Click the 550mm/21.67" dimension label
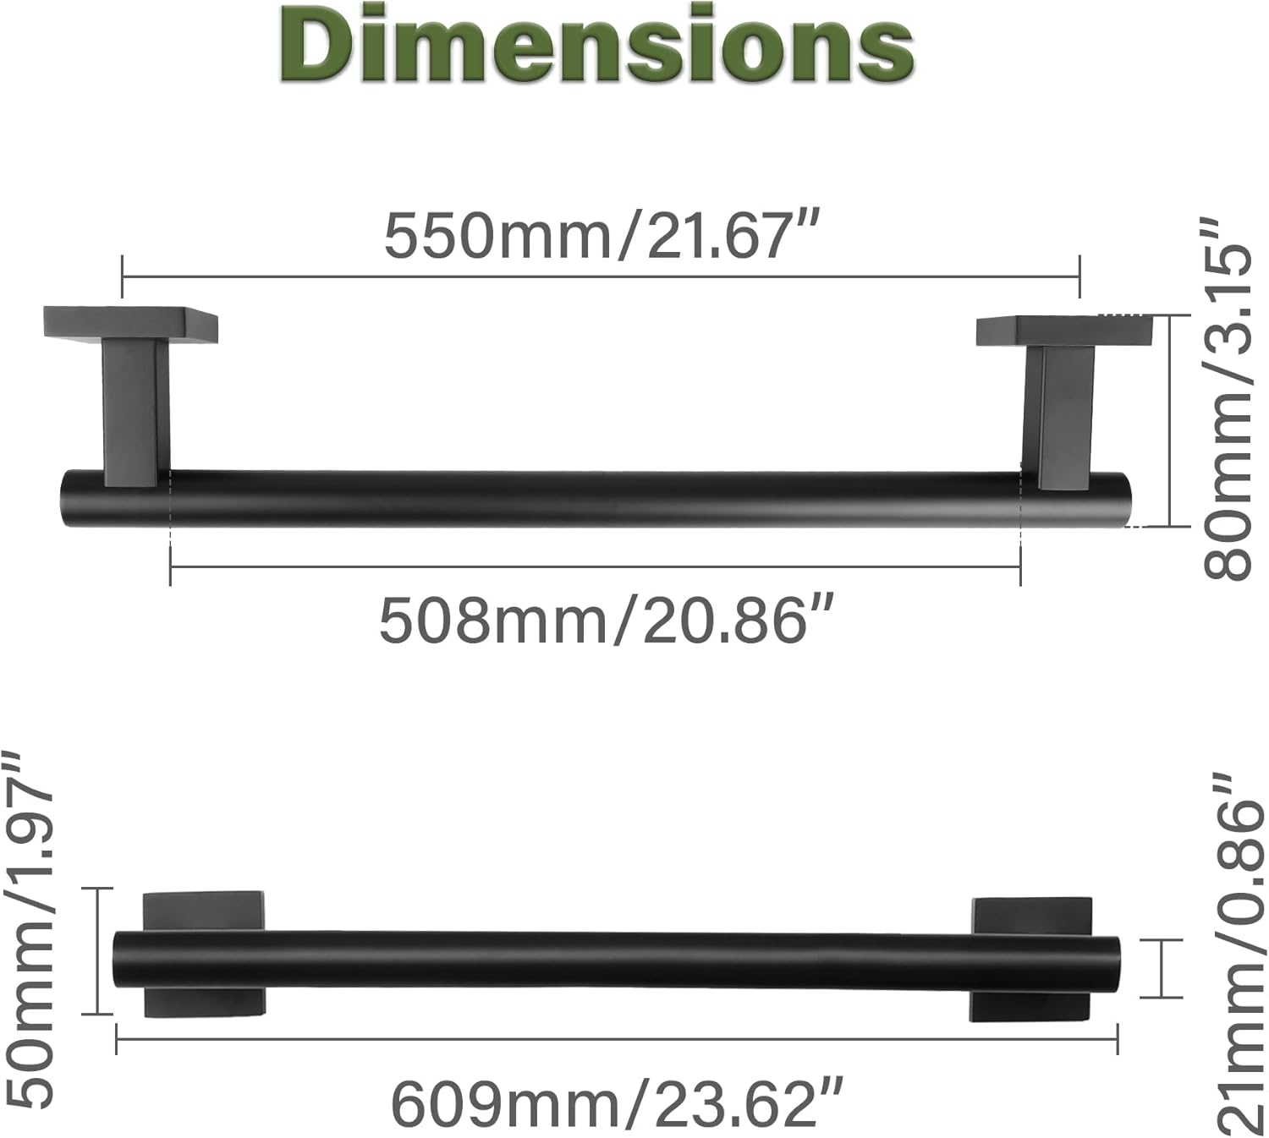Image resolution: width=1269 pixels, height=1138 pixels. [x=602, y=236]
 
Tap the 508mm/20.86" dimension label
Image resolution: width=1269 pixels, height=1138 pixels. [x=606, y=621]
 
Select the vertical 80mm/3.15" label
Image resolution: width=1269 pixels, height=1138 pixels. [x=1227, y=397]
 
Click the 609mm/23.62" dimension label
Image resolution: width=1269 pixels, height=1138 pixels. [x=617, y=1104]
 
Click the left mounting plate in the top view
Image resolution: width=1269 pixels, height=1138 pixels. [x=130, y=324]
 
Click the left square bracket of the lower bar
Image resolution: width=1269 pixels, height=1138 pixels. [x=204, y=953]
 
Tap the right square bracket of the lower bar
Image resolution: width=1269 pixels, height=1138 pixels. [x=1030, y=959]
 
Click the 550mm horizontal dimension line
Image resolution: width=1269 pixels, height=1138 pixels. [x=601, y=276]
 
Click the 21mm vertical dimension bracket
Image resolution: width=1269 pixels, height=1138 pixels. [x=1159, y=968]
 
